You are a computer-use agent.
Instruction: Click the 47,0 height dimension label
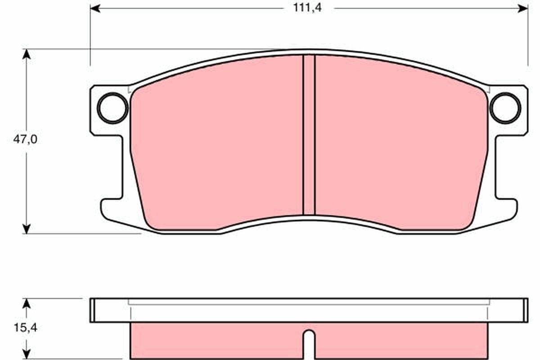[25, 139]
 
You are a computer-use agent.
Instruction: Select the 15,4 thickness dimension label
[25, 328]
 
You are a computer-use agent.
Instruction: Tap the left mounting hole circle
[112, 108]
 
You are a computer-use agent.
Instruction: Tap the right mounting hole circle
[505, 108]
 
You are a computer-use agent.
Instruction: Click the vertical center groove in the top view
[309, 135]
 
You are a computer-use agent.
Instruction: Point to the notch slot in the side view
[309, 344]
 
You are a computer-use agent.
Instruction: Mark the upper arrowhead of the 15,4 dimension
[27, 303]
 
